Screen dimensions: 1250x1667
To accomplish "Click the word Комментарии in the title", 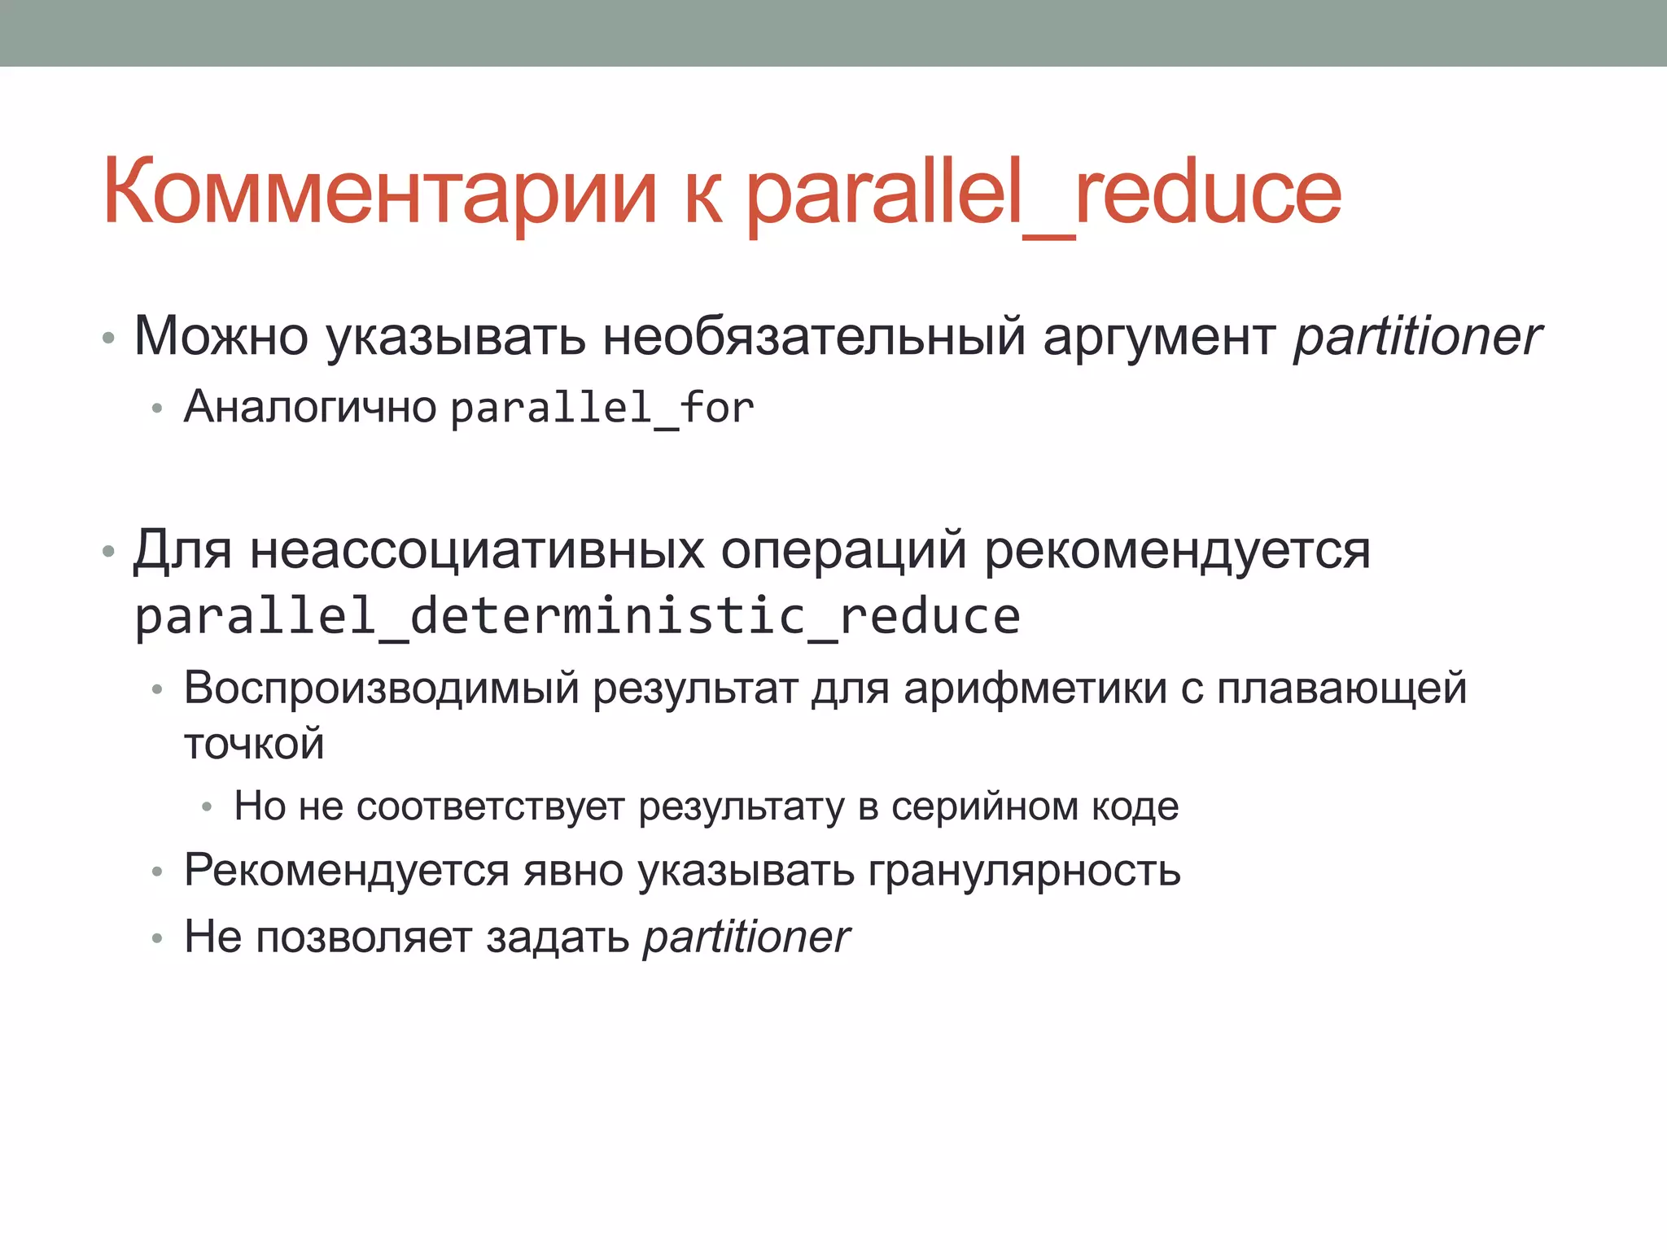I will click(379, 193).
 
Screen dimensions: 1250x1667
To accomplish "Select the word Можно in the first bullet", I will click(221, 335).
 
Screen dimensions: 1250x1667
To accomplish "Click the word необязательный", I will click(813, 335).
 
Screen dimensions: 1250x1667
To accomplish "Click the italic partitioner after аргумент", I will click(1417, 337).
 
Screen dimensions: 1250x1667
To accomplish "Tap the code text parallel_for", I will click(602, 408).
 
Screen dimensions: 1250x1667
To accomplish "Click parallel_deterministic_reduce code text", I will click(577, 616).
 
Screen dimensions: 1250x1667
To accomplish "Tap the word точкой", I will click(254, 744).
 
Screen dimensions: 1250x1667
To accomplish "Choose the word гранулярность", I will click(1023, 871).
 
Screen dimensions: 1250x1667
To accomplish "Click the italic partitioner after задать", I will click(746, 937).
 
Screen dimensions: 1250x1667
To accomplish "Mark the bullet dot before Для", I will click(108, 553).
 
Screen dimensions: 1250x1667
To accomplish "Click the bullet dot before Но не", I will click(207, 807).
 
